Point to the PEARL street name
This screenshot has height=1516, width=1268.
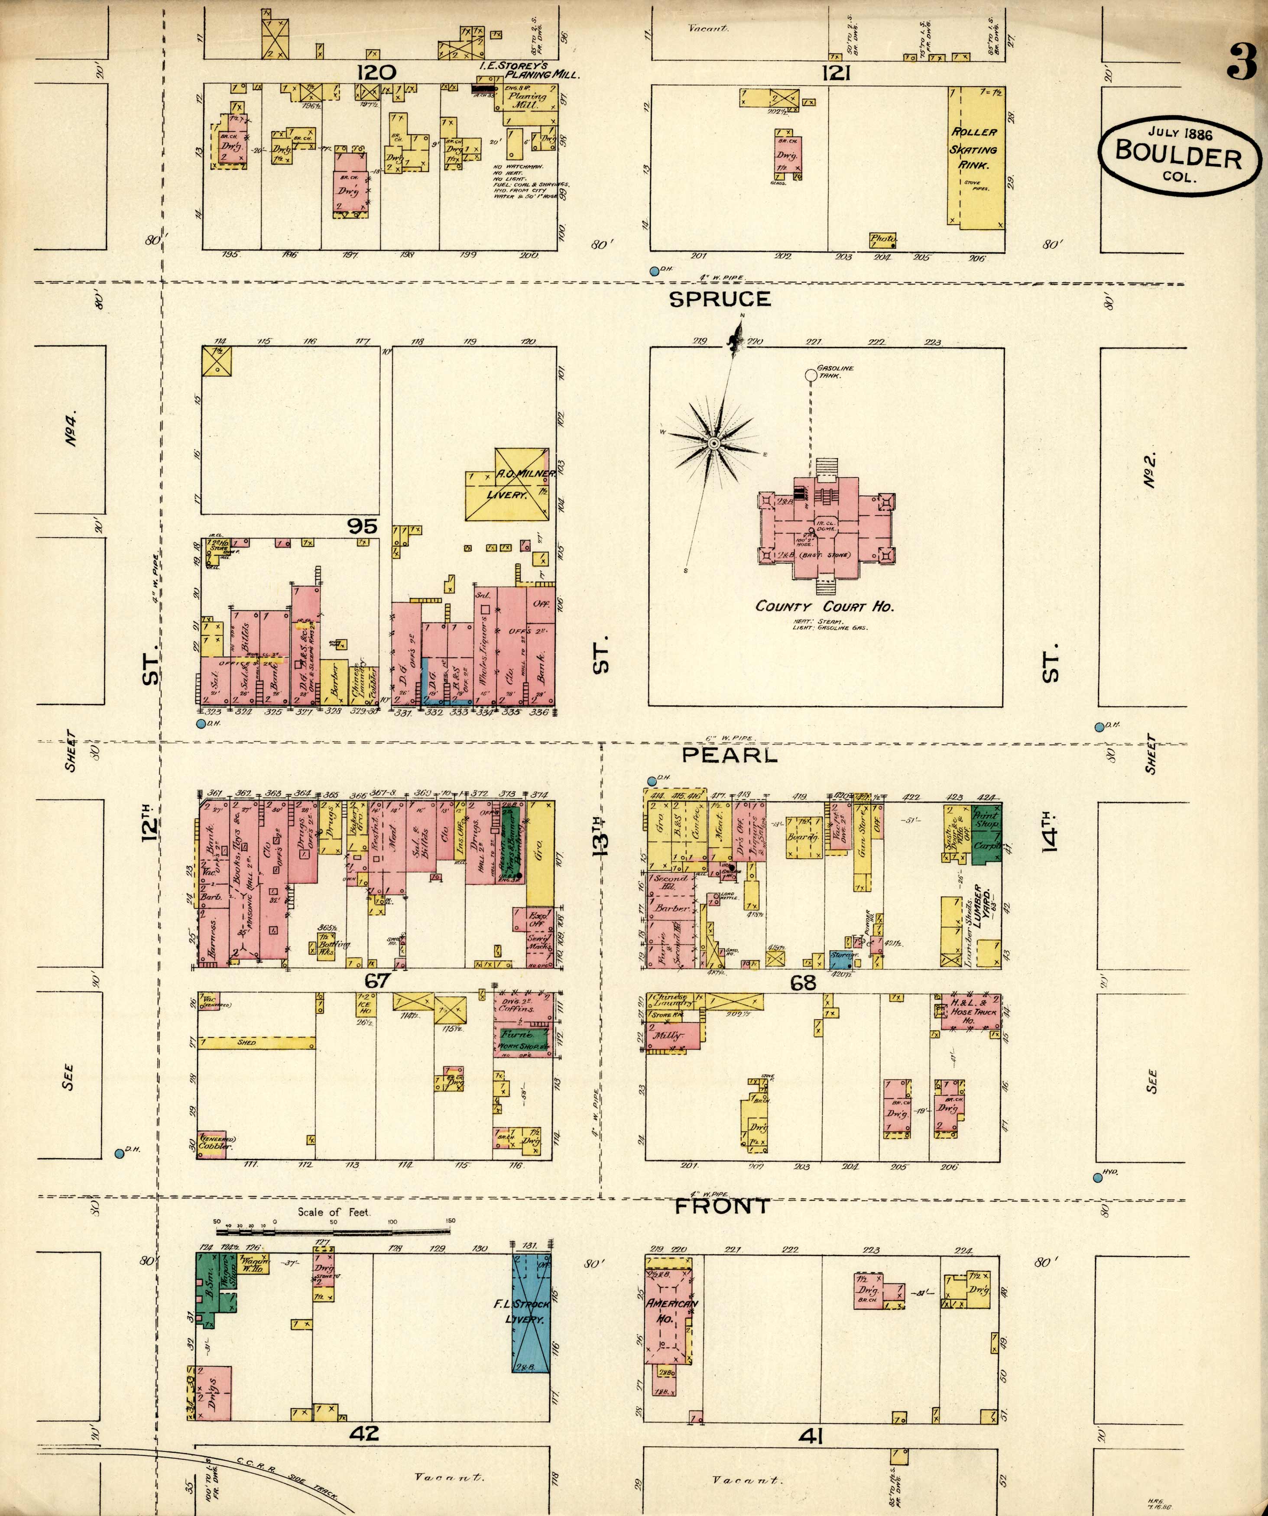[730, 755]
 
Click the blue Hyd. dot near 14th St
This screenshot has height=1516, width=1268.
[1098, 1178]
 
